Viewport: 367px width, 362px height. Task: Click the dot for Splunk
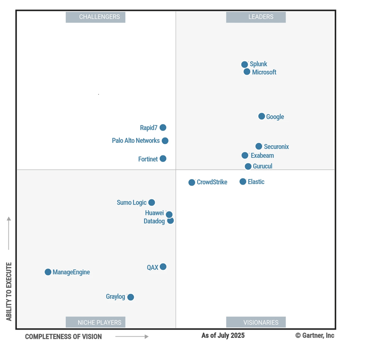[x=245, y=65]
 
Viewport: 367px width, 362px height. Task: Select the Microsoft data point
[x=247, y=72]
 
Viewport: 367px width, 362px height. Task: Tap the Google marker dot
[x=262, y=116]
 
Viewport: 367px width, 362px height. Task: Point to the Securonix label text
[x=276, y=147]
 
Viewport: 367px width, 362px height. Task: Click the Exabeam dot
[x=245, y=155]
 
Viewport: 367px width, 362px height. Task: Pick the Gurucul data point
[x=248, y=166]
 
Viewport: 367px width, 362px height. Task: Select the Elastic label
[x=256, y=182]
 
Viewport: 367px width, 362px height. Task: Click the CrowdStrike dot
[x=192, y=182]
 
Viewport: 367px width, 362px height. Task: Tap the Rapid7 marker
[x=163, y=128]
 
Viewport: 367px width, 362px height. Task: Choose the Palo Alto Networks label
[x=136, y=141]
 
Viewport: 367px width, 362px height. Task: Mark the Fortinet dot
[x=163, y=159]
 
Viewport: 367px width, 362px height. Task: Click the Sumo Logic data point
[x=152, y=203]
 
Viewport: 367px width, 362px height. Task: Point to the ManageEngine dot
[x=48, y=272]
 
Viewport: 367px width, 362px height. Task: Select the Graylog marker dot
[x=131, y=297]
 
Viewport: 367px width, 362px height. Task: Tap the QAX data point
[x=163, y=267]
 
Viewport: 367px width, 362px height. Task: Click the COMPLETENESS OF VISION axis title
[x=63, y=337]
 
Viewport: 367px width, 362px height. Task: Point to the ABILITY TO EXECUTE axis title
[x=9, y=291]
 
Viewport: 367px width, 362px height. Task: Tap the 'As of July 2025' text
[x=223, y=336]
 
